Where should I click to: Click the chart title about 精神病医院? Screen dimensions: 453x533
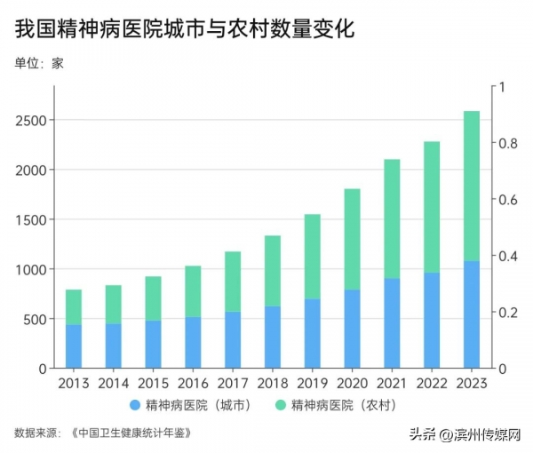coord(184,28)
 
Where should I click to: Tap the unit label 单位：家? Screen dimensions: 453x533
coord(39,63)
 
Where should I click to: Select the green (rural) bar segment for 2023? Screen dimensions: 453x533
coord(472,186)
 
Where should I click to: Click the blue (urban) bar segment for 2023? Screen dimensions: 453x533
coord(472,314)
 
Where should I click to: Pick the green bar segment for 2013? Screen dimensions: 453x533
coord(73,307)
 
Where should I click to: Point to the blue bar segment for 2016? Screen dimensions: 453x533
coord(193,342)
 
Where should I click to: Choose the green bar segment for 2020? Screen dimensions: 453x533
coord(352,239)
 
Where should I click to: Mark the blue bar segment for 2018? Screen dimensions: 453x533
coord(273,337)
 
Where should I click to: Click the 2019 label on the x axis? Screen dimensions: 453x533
coord(312,384)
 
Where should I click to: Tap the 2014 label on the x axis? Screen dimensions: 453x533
coord(113,384)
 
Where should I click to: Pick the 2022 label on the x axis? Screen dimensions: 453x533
coord(432,384)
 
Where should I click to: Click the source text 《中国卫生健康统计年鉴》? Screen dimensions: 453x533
coord(130,433)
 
